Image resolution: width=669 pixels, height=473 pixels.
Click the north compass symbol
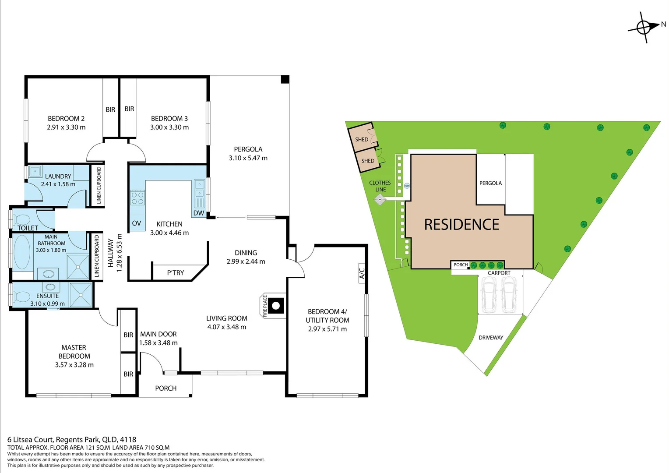click(x=644, y=28)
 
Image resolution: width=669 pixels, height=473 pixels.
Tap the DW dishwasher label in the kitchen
click(x=199, y=213)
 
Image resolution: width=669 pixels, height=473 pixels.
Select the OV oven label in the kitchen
click(x=137, y=223)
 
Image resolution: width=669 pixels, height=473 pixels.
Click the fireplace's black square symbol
click(x=276, y=305)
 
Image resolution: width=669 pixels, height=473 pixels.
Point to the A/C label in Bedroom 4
click(x=362, y=273)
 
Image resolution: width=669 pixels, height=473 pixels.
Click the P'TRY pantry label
click(x=176, y=273)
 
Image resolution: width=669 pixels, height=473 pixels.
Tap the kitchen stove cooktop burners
click(x=137, y=198)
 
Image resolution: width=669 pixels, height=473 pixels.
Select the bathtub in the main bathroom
click(x=22, y=253)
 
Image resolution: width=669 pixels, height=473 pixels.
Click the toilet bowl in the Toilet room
click(x=22, y=219)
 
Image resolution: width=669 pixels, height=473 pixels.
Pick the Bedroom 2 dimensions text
click(x=66, y=127)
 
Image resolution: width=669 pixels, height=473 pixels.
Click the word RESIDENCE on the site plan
click(x=461, y=225)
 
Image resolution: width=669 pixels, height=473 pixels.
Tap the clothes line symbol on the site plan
click(x=380, y=200)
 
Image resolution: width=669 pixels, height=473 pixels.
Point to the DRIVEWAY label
click(x=491, y=338)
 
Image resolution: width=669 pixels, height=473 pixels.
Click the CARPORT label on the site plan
click(x=499, y=273)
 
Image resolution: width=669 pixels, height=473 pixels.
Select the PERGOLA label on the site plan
click(x=490, y=183)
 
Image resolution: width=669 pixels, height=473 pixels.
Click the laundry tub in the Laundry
click(x=35, y=171)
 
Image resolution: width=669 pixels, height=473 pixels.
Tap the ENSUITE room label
click(x=47, y=296)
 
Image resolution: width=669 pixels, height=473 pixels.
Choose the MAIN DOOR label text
click(x=158, y=334)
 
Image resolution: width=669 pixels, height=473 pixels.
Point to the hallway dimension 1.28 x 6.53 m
click(x=119, y=253)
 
